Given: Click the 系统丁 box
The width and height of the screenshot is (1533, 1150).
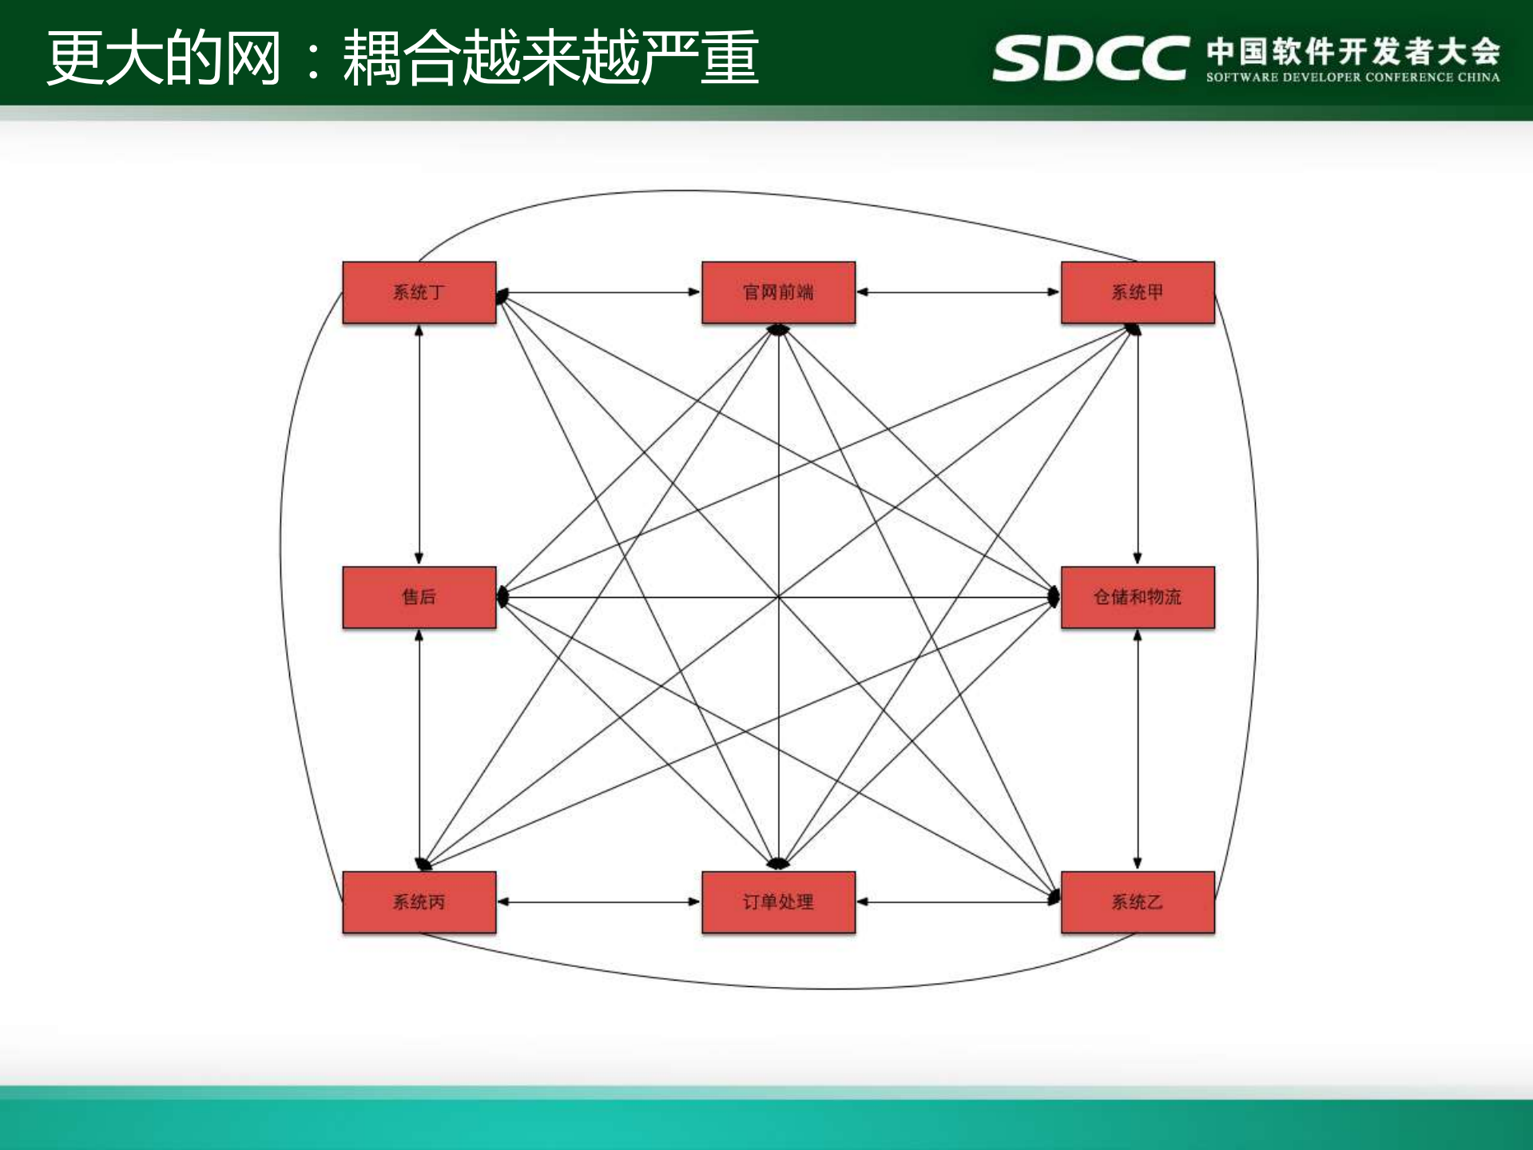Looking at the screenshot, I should coord(419,292).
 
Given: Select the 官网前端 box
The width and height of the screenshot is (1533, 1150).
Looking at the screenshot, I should coord(778,292).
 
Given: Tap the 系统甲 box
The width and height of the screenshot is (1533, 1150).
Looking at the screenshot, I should coord(1137,292).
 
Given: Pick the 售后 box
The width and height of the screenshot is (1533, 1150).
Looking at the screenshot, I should coord(419,597).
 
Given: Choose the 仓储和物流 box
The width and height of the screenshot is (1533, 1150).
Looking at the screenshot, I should coord(1137,597).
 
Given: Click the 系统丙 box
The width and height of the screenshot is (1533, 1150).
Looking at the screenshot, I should coord(419,902).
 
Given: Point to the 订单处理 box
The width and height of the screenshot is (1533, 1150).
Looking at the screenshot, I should coord(778,902).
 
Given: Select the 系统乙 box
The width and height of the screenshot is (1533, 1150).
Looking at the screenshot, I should coord(1137,902).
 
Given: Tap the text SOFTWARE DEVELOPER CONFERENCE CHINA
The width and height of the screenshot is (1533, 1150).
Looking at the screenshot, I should coord(1352,78).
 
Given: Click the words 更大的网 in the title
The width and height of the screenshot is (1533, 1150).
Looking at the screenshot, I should coord(164,58).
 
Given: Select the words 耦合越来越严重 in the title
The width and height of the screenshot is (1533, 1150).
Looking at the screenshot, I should coord(550,58).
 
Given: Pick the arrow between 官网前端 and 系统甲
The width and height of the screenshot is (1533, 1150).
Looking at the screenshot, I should coord(958,292).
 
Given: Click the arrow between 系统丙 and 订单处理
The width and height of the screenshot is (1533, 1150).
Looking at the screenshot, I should coord(598,902).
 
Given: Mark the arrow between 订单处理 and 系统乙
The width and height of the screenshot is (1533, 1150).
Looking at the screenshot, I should coord(958,902).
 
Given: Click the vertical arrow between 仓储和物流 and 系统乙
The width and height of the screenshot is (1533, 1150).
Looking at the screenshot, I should coord(1138,750).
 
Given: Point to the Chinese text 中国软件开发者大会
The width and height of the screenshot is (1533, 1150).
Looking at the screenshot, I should coord(1352,51).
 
